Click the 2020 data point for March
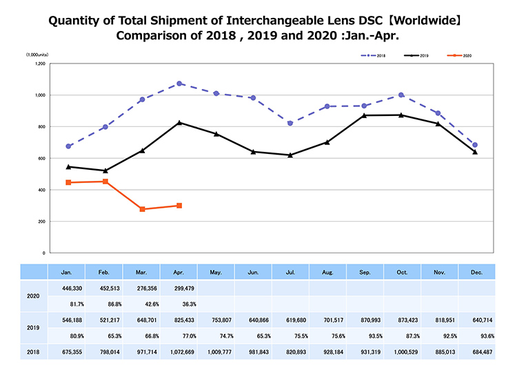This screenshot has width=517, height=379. [x=142, y=209]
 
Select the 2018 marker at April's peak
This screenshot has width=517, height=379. [x=179, y=84]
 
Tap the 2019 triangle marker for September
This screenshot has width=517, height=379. [x=365, y=115]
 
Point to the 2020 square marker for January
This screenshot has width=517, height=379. [x=68, y=182]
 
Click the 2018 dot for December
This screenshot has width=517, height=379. [x=476, y=145]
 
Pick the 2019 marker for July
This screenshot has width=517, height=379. [x=290, y=155]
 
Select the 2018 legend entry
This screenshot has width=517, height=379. [x=374, y=55]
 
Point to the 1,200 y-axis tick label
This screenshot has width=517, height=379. [x=39, y=64]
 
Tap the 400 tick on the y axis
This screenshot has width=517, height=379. [x=41, y=190]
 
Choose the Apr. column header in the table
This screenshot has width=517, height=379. [x=179, y=272]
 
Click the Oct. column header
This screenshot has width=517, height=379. [x=401, y=272]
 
